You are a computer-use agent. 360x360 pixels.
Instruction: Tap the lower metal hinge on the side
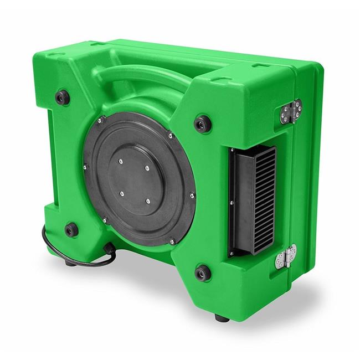click(x=286, y=256)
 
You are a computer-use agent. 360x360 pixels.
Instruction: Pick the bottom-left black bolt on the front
click(x=71, y=229)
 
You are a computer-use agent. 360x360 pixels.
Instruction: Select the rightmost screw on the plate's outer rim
click(x=192, y=194)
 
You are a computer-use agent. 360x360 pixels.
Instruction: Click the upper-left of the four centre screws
click(x=120, y=161)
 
